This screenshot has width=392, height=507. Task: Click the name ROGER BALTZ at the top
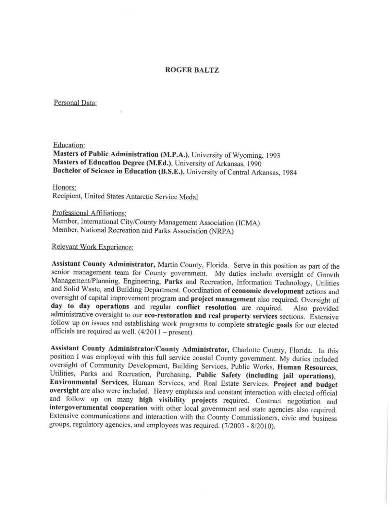pos(192,70)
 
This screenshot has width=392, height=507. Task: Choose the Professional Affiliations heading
pos(89,213)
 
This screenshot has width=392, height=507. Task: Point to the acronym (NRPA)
pos(221,232)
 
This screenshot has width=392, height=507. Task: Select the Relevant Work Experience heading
pos(92,247)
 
